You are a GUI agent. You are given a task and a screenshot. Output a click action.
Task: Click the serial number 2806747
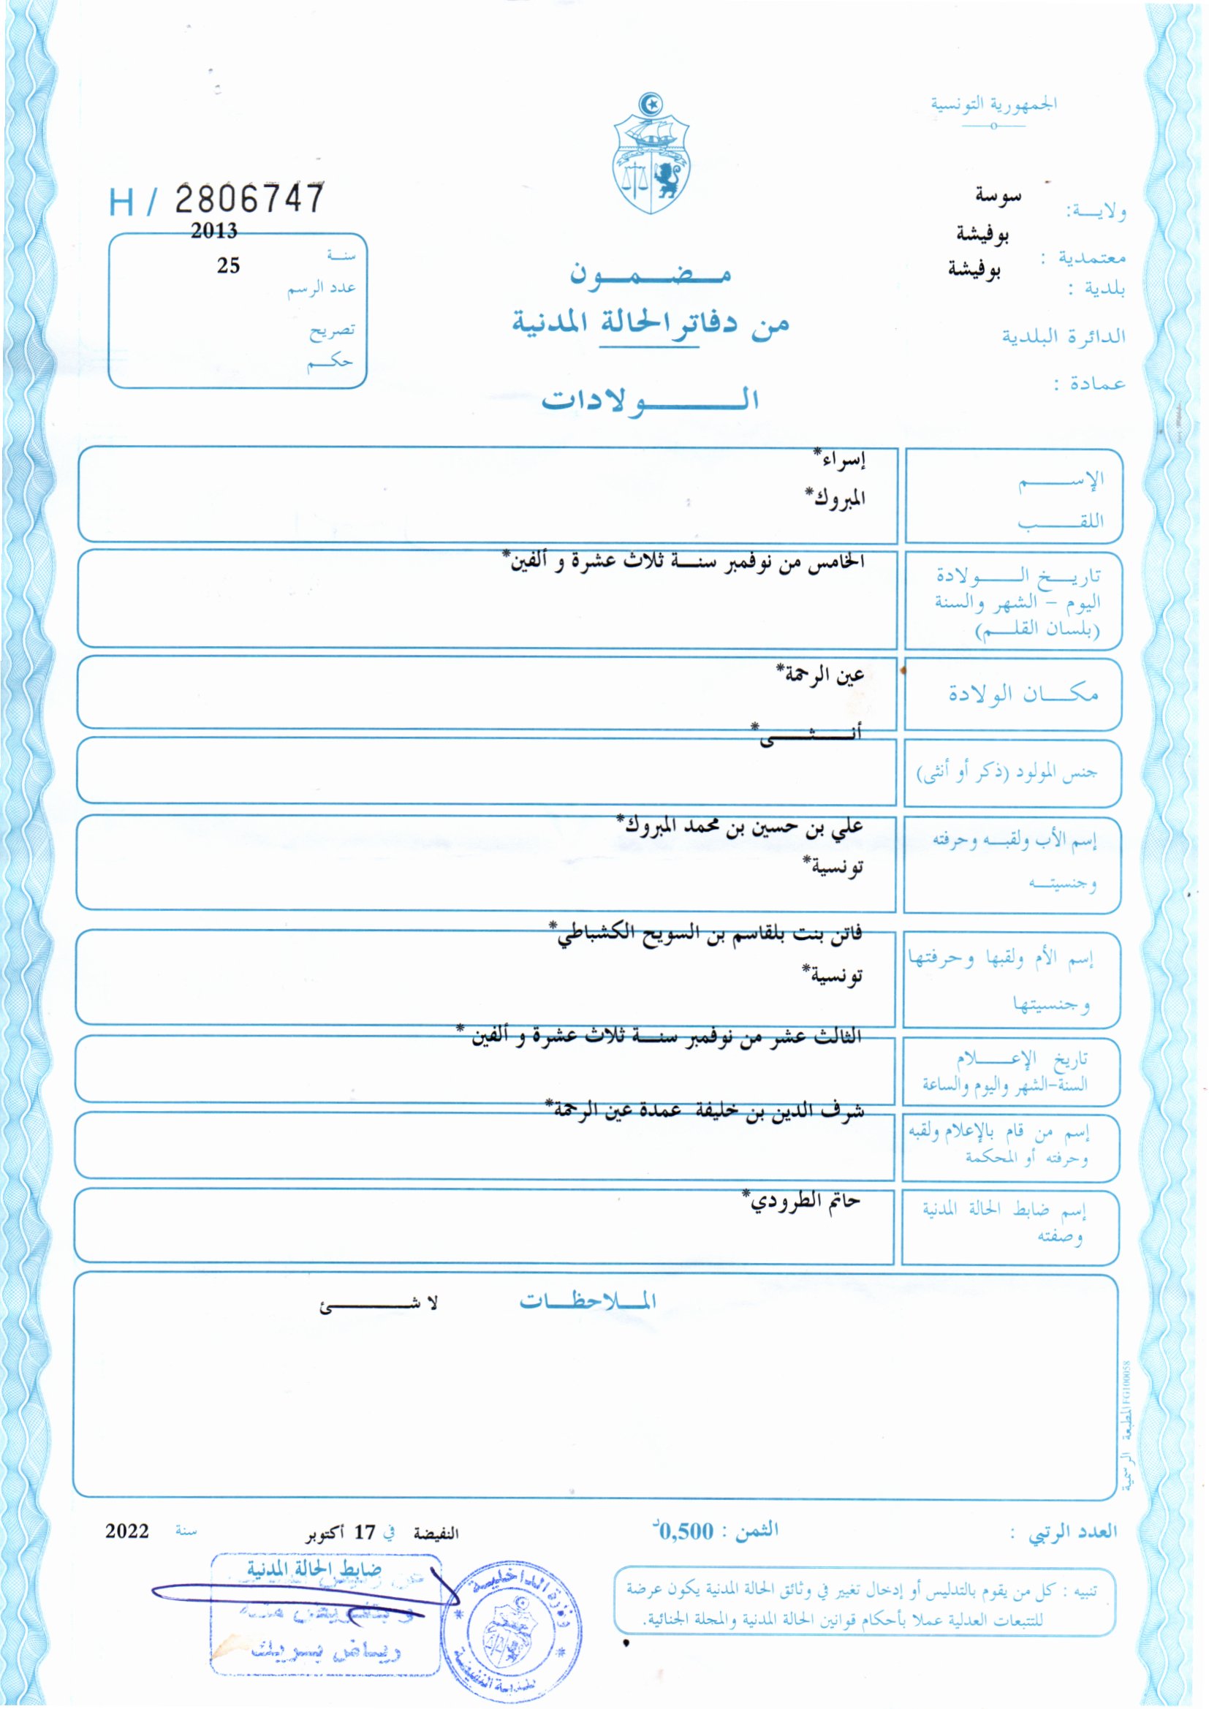pyautogui.click(x=249, y=199)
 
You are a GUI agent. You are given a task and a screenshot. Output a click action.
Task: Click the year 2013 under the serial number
pyautogui.click(x=213, y=231)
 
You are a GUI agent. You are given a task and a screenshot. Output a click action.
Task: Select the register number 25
pyautogui.click(x=228, y=266)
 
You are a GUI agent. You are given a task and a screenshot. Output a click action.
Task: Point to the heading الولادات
pyautogui.click(x=649, y=401)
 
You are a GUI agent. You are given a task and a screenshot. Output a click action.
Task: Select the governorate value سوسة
pyautogui.click(x=998, y=196)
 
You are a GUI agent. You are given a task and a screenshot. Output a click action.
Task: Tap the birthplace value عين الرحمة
pyautogui.click(x=820, y=675)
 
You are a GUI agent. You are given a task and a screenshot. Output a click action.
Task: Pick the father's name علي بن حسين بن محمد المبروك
pyautogui.click(x=740, y=825)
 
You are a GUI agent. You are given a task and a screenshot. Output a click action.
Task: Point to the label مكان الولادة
pyautogui.click(x=1023, y=694)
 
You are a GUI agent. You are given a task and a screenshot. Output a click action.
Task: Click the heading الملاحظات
pyautogui.click(x=588, y=1301)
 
